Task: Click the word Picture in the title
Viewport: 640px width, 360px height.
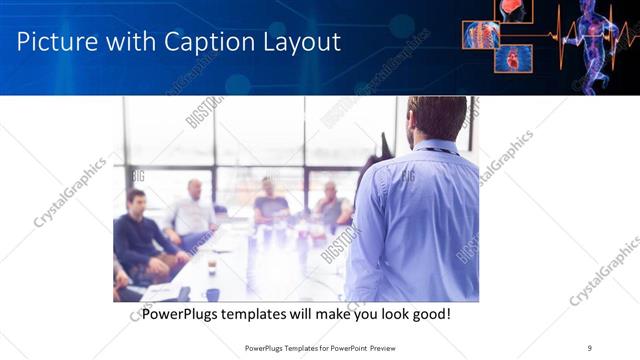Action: click(x=56, y=42)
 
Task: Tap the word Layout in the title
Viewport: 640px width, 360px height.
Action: click(x=303, y=42)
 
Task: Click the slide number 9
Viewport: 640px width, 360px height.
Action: click(x=589, y=348)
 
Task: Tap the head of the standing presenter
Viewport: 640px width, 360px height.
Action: click(x=437, y=118)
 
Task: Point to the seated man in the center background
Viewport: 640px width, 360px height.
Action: click(x=269, y=203)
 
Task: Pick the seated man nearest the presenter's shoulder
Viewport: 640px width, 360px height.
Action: click(x=333, y=205)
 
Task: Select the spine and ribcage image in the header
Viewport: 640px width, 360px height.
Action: click(x=480, y=34)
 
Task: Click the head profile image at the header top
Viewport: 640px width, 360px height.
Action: click(x=514, y=10)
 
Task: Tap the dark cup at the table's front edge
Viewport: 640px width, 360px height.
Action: click(x=213, y=294)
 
